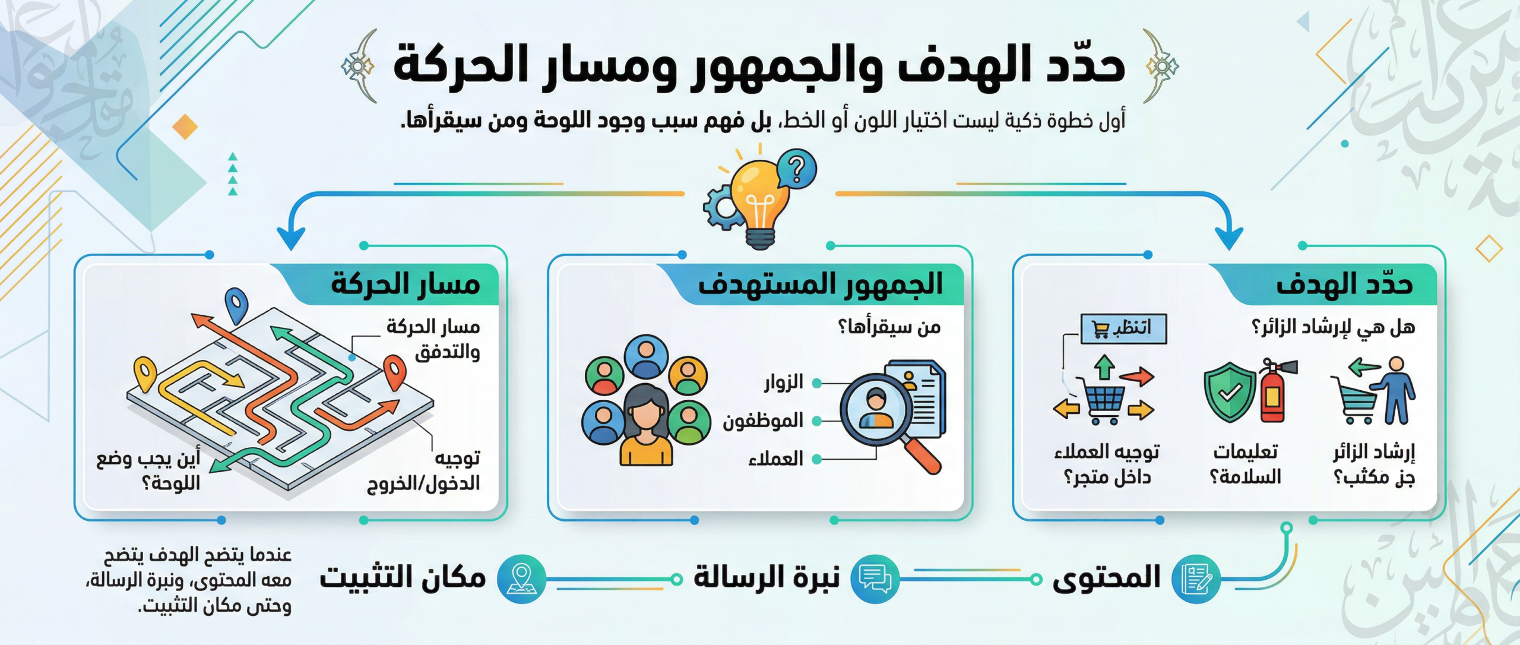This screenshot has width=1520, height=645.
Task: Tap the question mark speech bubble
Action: coord(796,169)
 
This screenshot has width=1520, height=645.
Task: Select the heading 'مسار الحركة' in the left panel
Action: coord(405,284)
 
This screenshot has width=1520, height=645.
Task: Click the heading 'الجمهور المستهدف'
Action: coord(820,284)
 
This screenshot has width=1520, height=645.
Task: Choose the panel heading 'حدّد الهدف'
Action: coord(1344,284)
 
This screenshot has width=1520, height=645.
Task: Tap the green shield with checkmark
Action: coord(1230,391)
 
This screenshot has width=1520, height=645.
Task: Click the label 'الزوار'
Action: coord(784,382)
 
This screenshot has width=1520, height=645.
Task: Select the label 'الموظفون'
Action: coord(763,420)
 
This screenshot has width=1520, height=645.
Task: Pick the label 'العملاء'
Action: coord(776,459)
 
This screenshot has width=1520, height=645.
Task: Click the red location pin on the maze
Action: coord(395,371)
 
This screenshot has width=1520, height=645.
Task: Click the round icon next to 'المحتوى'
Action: coord(1196,579)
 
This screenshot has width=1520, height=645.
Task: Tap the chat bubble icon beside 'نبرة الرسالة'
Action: coord(875,579)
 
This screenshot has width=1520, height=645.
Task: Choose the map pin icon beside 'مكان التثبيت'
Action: coord(521,579)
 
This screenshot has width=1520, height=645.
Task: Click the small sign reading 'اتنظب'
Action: coord(1123,328)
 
